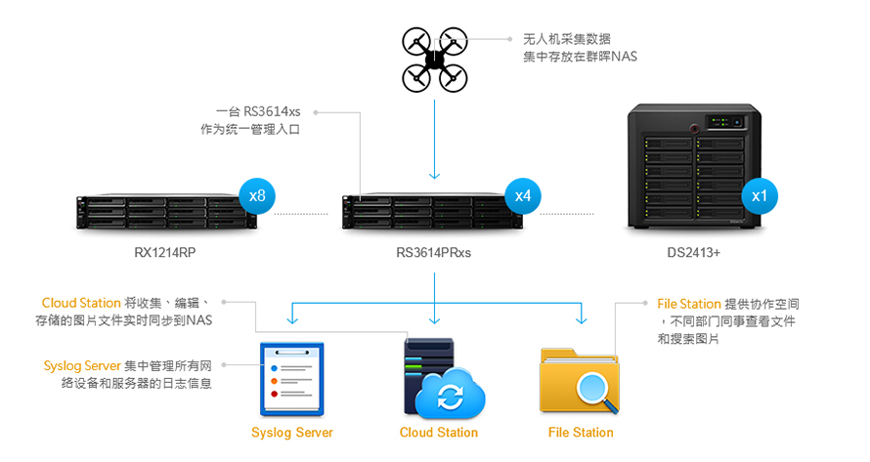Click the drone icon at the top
(434, 60)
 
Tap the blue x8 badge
(257, 195)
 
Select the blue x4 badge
(523, 195)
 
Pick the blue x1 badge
(760, 195)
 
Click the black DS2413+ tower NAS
(694, 166)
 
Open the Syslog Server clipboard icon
(291, 378)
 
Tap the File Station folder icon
(580, 381)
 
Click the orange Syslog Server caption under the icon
(291, 433)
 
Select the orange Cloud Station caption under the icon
(438, 433)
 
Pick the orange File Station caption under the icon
(581, 433)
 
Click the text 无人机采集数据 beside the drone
(567, 39)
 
